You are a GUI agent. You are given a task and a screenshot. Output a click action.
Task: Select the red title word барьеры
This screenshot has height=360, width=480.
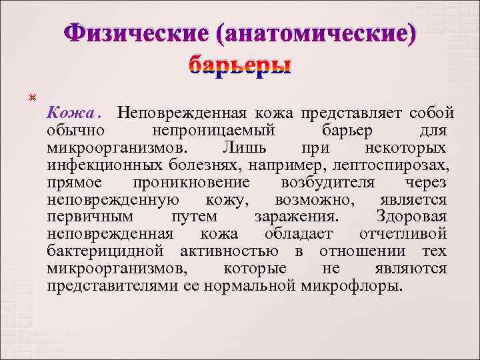pos(240,65)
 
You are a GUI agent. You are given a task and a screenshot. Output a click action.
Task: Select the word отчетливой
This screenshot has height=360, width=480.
pos(403,234)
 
